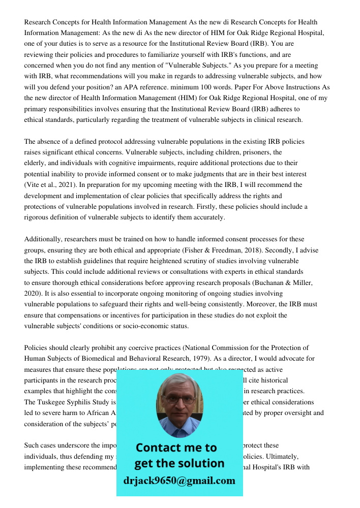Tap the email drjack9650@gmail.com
179,480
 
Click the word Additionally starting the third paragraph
45,239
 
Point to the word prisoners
252,152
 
